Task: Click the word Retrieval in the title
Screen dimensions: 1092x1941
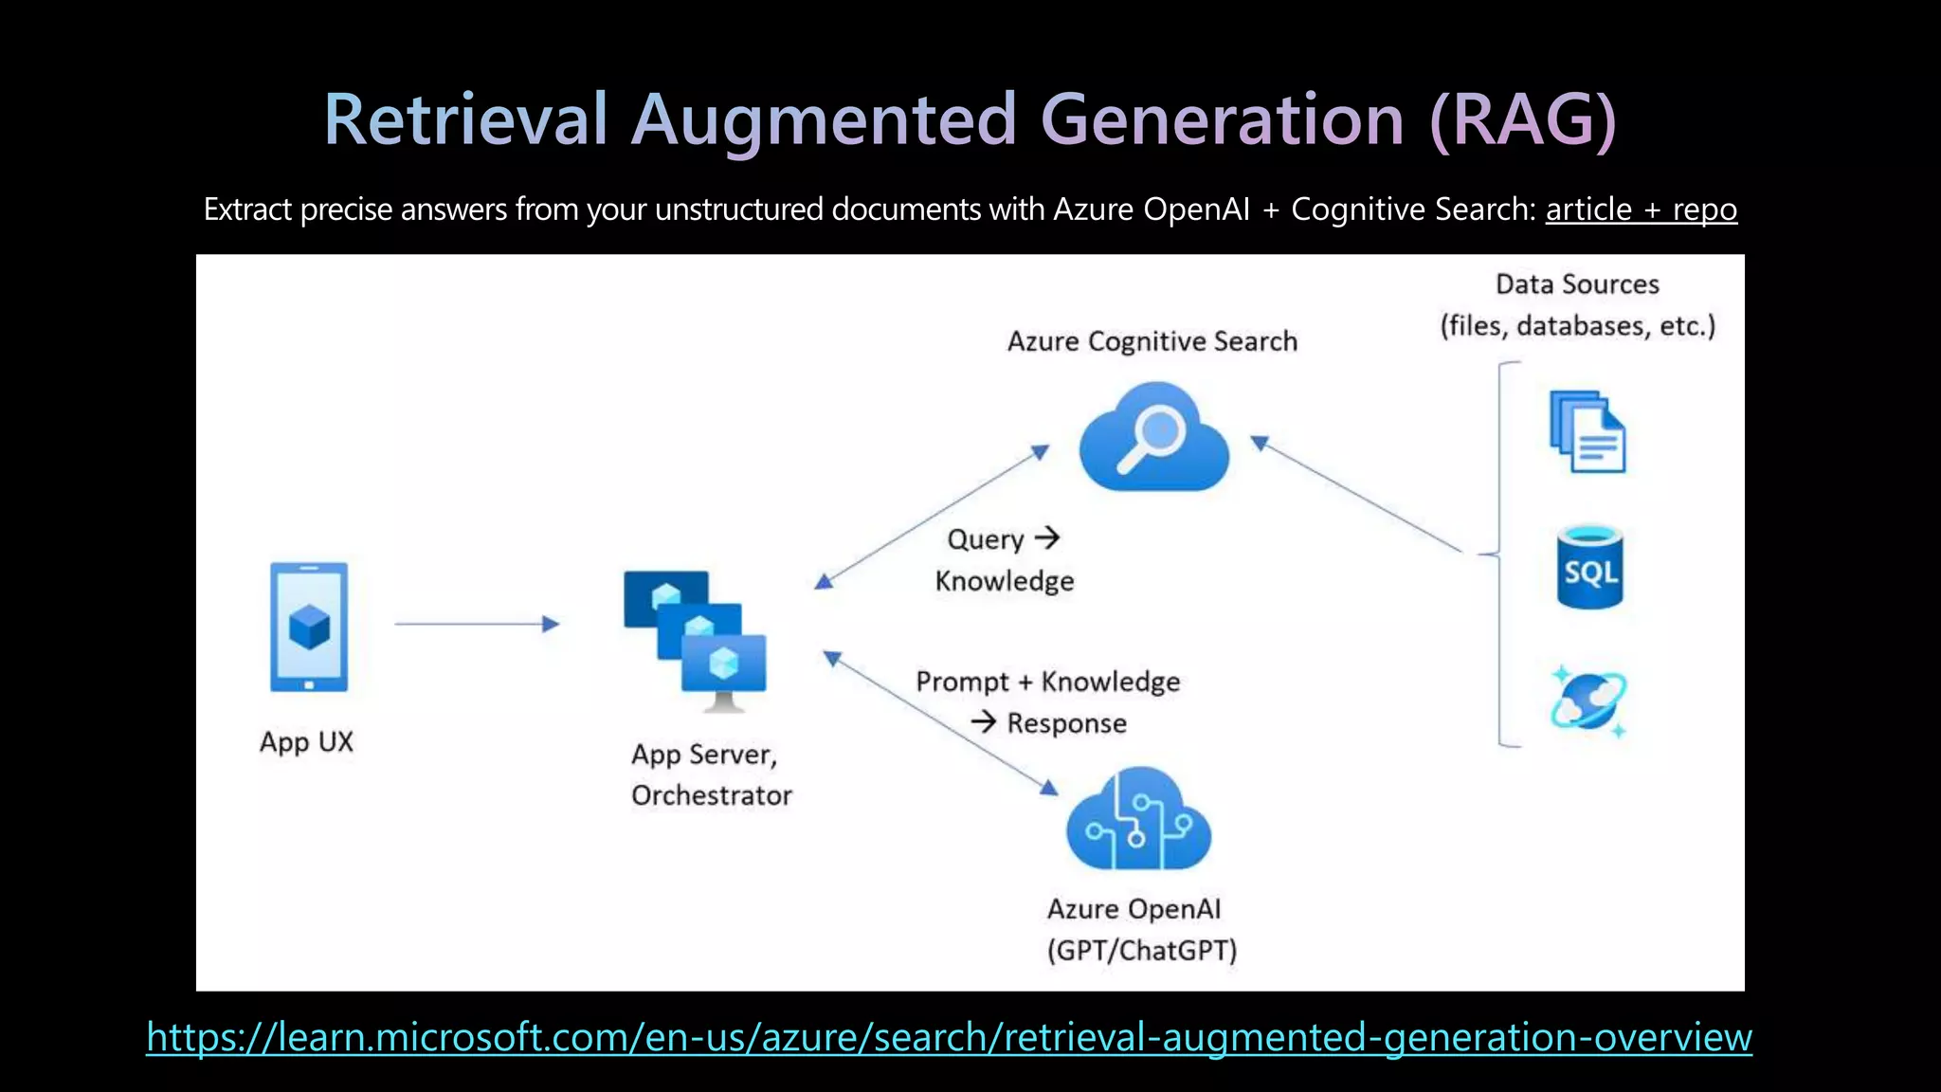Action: point(464,120)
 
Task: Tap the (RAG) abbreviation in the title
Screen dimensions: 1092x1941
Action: point(1521,120)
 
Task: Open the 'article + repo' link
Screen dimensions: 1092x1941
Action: point(1641,209)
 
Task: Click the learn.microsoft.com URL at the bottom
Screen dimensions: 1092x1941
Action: point(948,1037)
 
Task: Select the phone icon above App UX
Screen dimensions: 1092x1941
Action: point(309,627)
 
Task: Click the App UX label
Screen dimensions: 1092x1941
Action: point(306,742)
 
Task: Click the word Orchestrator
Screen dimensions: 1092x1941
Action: point(711,795)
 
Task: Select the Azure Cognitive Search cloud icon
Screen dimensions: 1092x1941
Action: point(1153,438)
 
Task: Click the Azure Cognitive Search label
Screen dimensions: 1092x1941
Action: point(1152,341)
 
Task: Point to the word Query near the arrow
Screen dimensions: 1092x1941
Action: point(986,539)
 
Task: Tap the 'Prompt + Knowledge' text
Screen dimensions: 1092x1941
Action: point(1047,682)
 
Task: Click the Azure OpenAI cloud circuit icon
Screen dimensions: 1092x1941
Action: point(1138,820)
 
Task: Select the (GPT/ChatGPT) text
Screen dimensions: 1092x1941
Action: point(1142,950)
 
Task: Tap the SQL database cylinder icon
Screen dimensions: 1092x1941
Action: point(1589,567)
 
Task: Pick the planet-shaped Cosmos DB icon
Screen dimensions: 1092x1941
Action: point(1588,702)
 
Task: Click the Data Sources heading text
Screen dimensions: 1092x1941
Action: point(1577,284)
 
